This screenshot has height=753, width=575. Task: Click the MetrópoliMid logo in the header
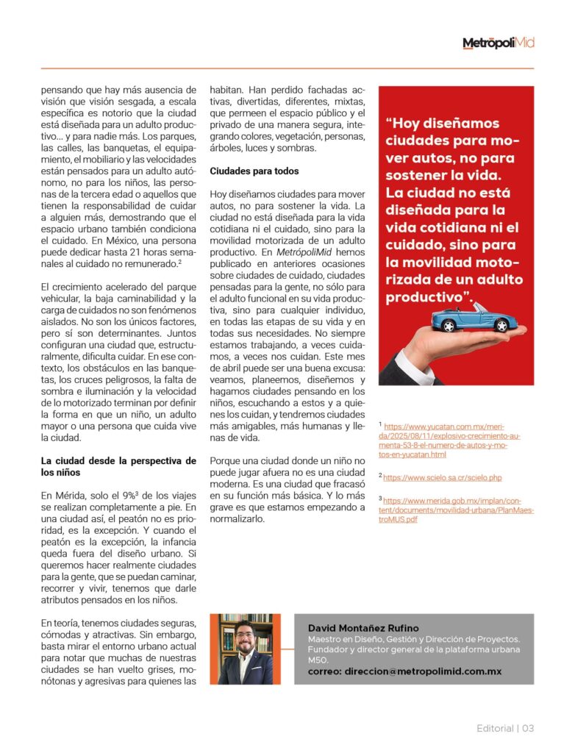pyautogui.click(x=498, y=43)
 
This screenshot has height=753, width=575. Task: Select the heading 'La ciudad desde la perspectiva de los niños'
pyautogui.click(x=118, y=466)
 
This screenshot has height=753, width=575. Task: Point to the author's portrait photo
pyautogui.click(x=246, y=649)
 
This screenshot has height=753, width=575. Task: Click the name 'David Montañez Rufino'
pyautogui.click(x=363, y=628)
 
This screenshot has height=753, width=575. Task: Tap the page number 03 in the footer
pyautogui.click(x=528, y=728)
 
